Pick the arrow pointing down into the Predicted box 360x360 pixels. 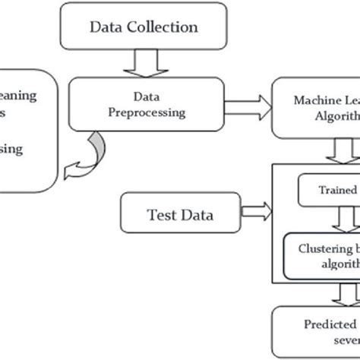pyautogui.click(x=351, y=293)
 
